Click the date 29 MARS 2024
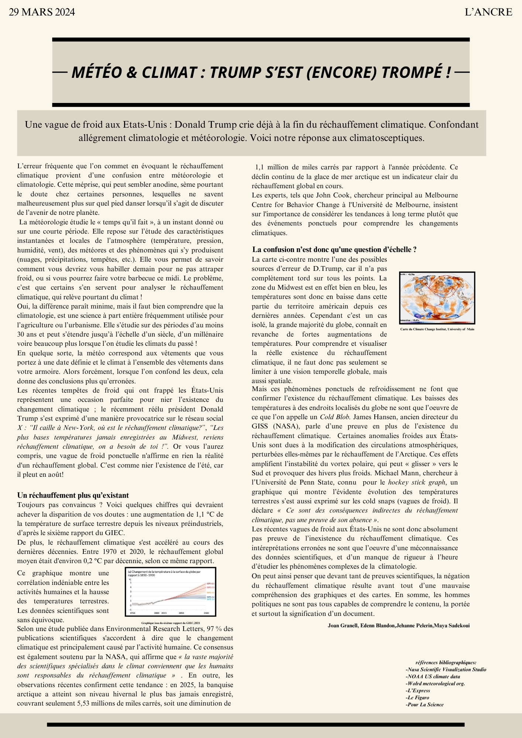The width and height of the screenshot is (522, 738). coord(42,12)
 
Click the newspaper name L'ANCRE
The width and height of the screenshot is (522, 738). coord(488,12)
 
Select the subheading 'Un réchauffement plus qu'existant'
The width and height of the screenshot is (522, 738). coord(73,495)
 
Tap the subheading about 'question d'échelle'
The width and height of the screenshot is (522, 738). coord(334,249)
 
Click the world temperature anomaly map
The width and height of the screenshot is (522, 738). coord(437,298)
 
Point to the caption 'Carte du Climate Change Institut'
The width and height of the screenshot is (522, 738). coord(437,329)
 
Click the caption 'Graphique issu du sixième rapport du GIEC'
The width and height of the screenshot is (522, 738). coord(170,623)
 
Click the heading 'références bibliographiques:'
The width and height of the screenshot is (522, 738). coord(446,662)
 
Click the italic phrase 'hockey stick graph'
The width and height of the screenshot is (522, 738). coord(416,482)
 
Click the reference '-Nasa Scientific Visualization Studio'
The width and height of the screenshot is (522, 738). coord(446,669)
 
